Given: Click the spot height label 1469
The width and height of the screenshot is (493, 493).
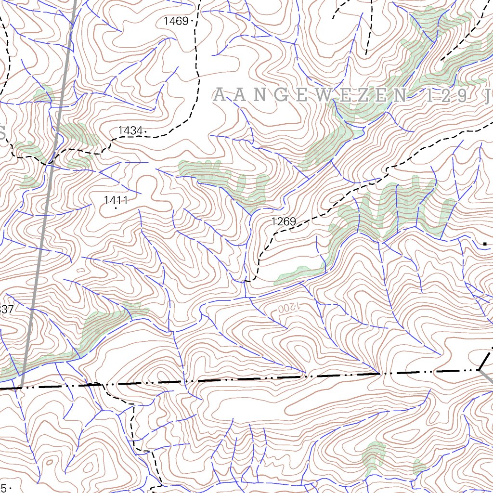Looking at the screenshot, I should click(x=176, y=21).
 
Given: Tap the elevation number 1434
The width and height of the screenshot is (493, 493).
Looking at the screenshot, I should click(x=130, y=130).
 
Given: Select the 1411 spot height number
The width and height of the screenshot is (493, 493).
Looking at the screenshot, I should click(x=116, y=200).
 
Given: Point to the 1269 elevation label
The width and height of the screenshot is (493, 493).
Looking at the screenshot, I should click(x=283, y=221).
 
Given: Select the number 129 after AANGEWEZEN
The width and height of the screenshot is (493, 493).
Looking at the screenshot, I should click(x=445, y=96).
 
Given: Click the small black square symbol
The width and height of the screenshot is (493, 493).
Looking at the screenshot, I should click(x=485, y=244).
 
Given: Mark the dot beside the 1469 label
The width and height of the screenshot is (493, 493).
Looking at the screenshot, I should click(x=192, y=21).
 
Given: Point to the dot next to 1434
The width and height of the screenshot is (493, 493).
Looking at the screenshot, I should click(x=145, y=130).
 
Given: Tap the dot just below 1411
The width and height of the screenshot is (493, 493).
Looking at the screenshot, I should click(x=116, y=208).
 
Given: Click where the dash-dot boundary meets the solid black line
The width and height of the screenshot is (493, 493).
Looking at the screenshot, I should click(x=479, y=370).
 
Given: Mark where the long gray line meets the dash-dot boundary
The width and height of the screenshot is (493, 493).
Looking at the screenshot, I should click(x=21, y=387).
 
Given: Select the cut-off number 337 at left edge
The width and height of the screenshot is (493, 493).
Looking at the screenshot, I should click(x=6, y=310).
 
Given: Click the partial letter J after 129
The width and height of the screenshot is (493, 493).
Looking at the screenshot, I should click(x=489, y=96).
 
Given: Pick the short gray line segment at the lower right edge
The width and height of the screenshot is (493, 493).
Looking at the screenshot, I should click(x=487, y=376).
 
